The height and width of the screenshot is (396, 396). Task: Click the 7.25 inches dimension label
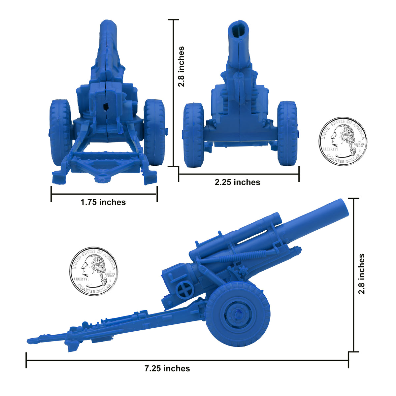click(x=167, y=369)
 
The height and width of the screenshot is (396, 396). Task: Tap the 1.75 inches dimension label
click(x=103, y=202)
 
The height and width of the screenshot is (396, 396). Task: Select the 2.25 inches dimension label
click(x=237, y=182)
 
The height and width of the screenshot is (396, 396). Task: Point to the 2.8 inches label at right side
click(x=362, y=274)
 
